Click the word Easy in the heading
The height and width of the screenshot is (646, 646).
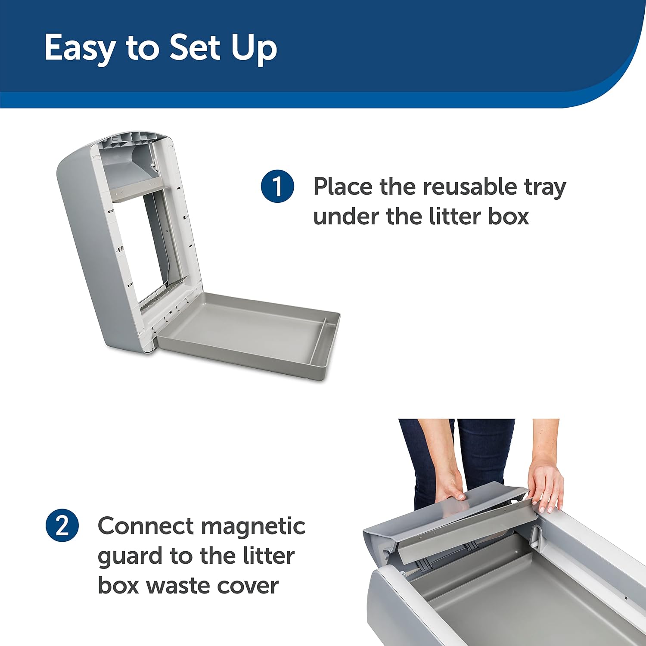coord(80,48)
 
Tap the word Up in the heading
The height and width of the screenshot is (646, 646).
coord(254,48)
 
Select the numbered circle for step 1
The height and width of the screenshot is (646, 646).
coord(277,186)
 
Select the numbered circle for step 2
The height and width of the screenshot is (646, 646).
coord(62,526)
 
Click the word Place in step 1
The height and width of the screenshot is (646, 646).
coord(343,186)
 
